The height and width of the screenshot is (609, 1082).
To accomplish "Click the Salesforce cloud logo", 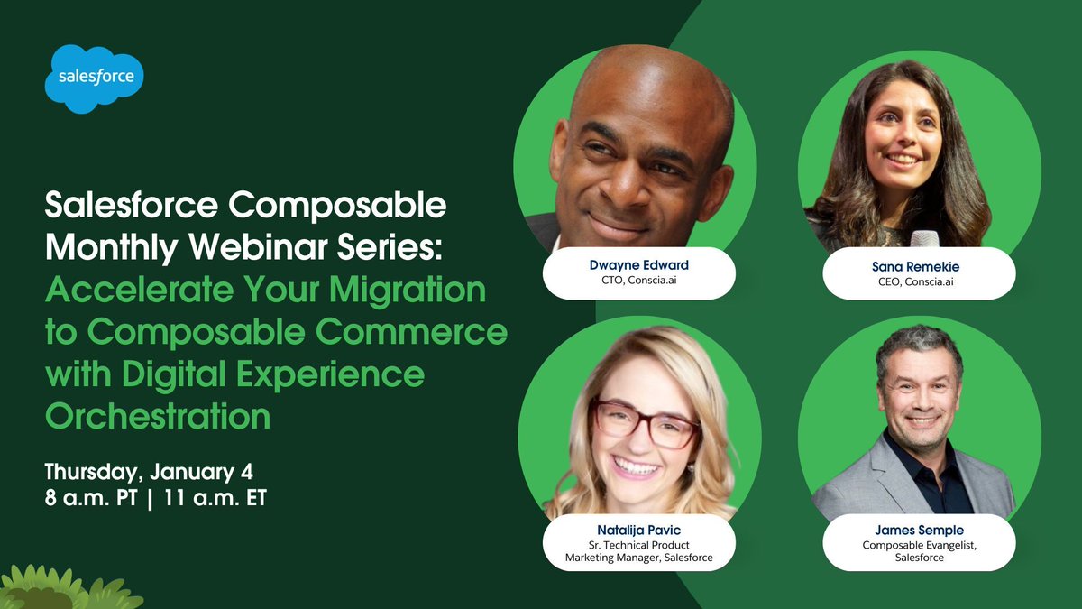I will pos(95,78).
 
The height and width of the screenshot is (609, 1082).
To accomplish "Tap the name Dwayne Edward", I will pos(638,266).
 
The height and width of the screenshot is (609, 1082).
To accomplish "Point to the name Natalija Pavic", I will pos(638,531).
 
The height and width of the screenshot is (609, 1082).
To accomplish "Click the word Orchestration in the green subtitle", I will pos(158,417).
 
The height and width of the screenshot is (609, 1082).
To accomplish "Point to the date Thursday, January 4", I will pos(154,472).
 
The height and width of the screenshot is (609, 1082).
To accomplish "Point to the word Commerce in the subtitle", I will pos(421,332).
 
